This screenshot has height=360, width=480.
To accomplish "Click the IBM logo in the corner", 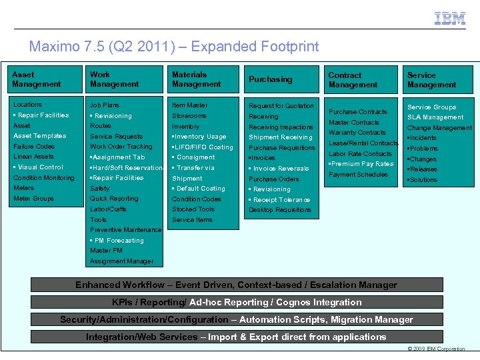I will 450,19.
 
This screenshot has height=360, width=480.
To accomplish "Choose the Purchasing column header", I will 271,79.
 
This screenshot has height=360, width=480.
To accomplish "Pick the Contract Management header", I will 353,80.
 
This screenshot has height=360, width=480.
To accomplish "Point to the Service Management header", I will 432,80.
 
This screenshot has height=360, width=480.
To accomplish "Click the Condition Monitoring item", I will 44,178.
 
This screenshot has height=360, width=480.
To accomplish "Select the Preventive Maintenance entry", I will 125,230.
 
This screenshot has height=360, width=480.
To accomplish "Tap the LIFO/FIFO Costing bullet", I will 203,147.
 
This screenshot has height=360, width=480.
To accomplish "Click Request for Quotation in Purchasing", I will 281,106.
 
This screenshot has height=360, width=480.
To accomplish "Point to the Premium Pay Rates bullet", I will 361,164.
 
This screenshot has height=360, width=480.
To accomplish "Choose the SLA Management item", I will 435,117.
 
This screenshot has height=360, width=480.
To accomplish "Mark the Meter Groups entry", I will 33,199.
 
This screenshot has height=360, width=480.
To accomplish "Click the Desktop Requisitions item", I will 280,210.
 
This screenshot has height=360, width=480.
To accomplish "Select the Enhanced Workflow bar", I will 236,285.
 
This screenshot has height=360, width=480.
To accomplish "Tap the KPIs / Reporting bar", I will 236,302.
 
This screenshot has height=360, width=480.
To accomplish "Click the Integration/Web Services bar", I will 236,337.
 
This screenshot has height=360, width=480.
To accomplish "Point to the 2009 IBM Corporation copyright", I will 436,349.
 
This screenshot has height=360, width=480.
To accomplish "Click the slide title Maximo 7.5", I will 174,47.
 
